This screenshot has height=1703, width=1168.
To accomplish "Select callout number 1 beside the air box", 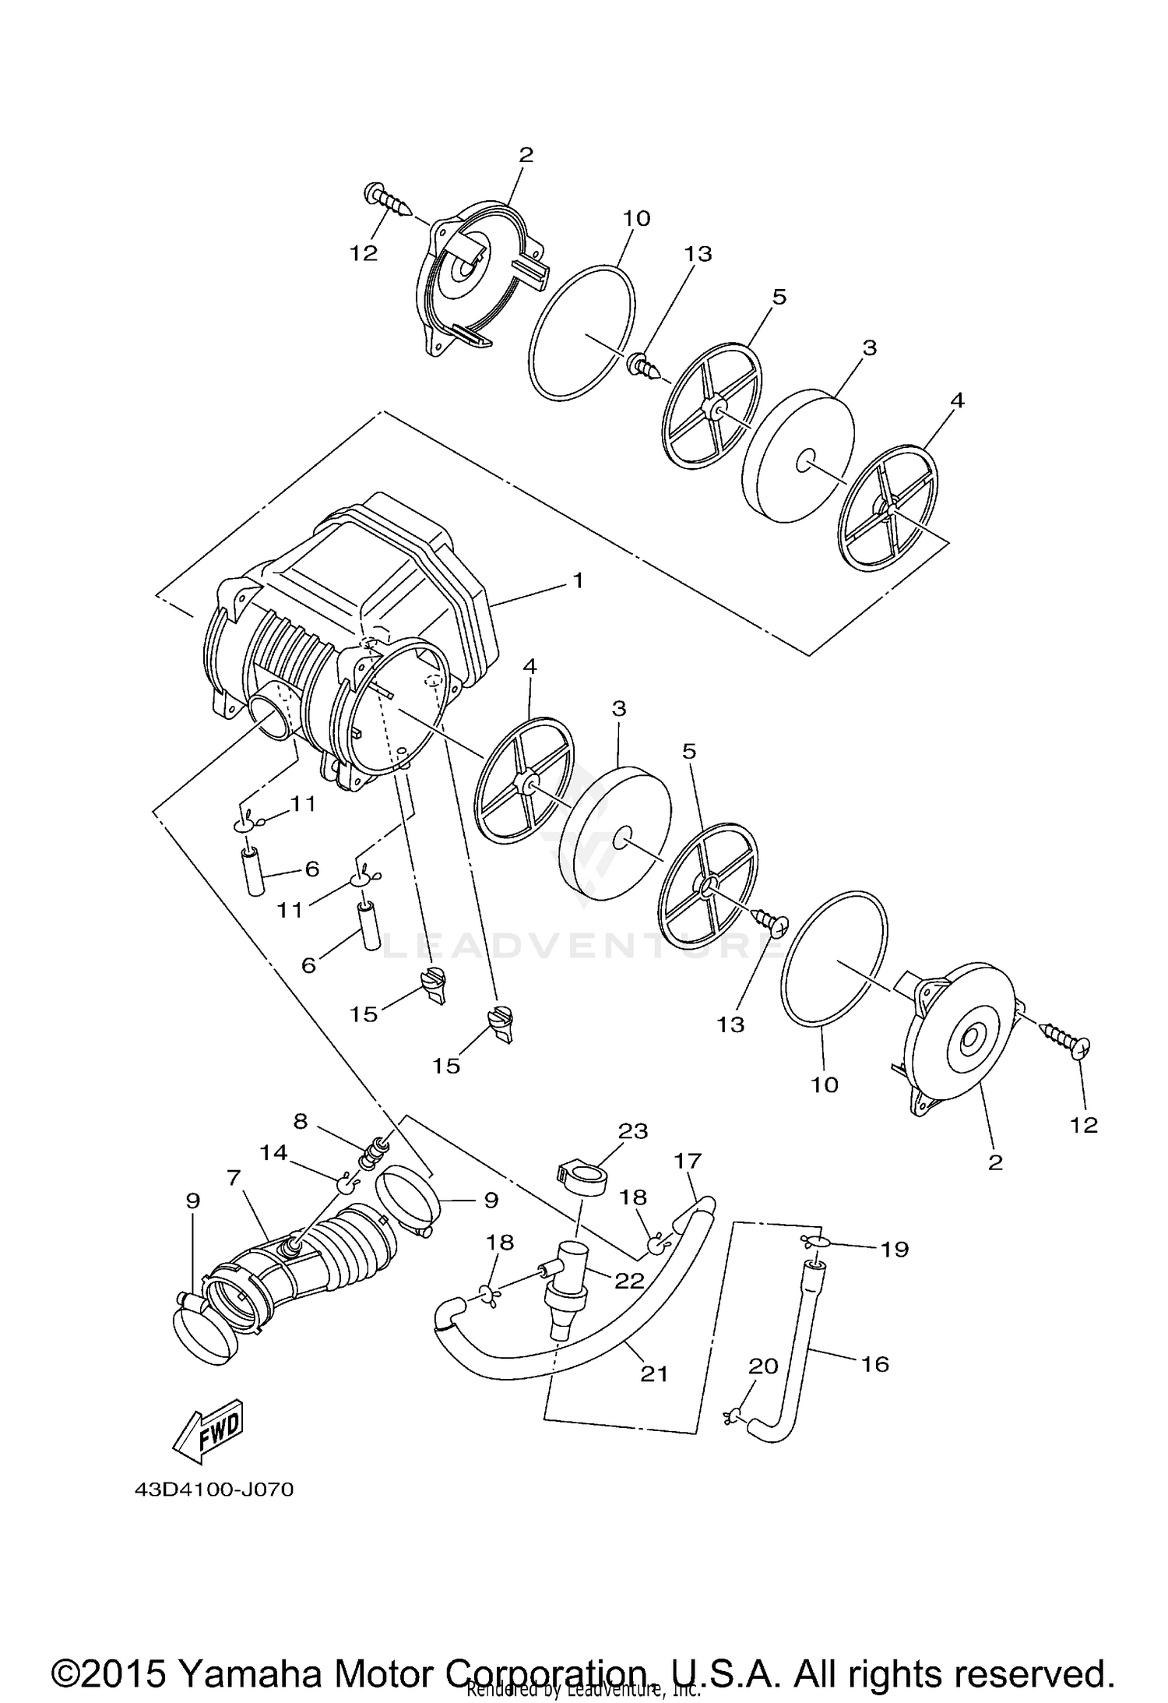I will [x=577, y=580].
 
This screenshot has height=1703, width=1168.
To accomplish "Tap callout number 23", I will [x=632, y=1131].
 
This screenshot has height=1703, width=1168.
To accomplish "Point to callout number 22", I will [x=629, y=1280].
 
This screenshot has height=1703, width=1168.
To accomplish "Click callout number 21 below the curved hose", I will [x=653, y=1373].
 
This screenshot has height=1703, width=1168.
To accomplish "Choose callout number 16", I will [x=874, y=1363].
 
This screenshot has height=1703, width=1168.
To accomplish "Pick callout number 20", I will [x=763, y=1365].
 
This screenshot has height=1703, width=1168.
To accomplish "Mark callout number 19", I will [x=895, y=1249].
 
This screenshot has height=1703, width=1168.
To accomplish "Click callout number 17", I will [x=688, y=1161].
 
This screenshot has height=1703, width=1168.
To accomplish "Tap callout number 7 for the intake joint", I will [x=233, y=1178].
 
